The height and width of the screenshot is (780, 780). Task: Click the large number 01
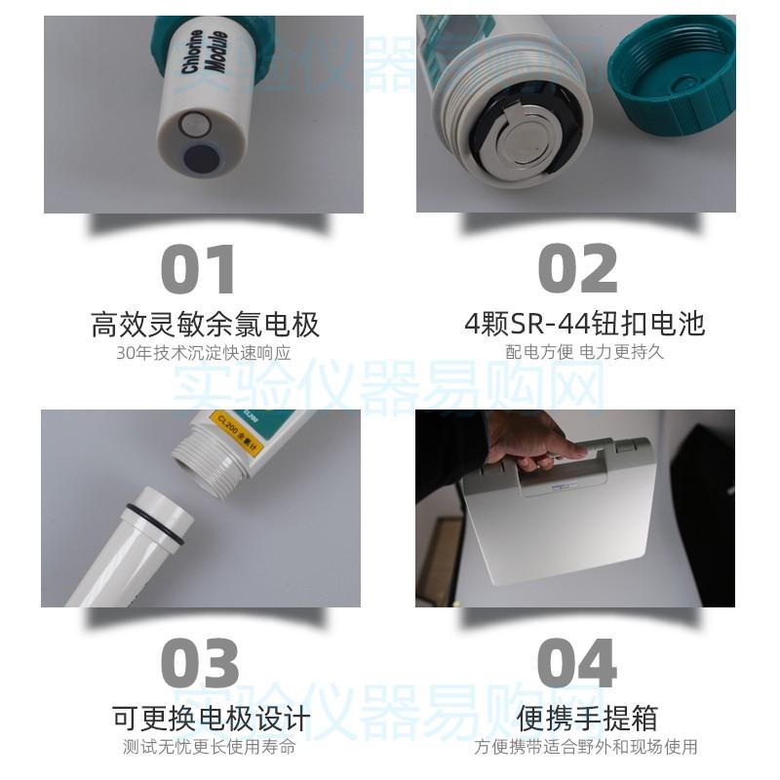click(x=198, y=269)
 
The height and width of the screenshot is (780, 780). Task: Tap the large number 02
click(x=577, y=269)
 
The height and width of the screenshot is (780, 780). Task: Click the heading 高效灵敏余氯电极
click(x=205, y=324)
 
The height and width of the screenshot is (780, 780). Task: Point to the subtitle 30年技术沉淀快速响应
click(x=204, y=353)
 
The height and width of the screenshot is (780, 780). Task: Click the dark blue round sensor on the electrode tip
click(x=202, y=157)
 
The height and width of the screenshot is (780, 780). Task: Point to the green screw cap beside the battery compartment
click(x=673, y=73)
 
